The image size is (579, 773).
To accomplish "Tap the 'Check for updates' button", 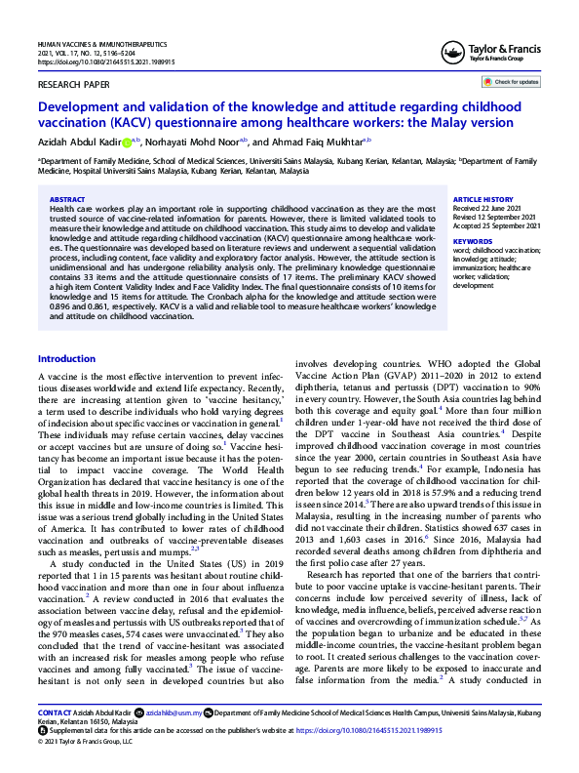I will coord(515,82).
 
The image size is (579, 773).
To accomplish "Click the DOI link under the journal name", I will coord(94,61).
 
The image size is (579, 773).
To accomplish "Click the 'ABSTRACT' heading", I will coord(66,199).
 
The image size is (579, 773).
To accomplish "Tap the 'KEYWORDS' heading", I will coord(474,240).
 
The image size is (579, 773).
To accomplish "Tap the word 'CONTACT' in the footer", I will coord(55,712).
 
